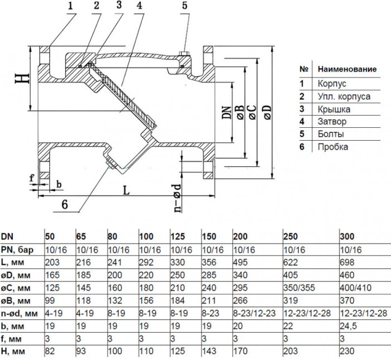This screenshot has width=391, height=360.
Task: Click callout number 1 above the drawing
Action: [x=70, y=5]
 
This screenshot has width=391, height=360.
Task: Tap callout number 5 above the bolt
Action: [x=184, y=5]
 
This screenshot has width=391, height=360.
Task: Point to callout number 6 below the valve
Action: [x=65, y=204]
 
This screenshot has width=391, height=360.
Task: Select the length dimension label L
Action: [x=126, y=190]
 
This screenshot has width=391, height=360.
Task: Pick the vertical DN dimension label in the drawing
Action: [x=227, y=113]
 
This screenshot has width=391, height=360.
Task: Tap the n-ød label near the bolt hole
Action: [x=177, y=198]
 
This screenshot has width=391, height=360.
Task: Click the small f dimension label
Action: [x=32, y=178]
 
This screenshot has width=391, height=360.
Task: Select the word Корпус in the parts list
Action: [x=332, y=84]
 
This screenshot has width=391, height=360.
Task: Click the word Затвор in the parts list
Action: [x=332, y=122]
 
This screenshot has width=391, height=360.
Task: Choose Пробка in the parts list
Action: [x=333, y=147]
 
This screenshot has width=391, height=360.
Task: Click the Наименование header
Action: [x=347, y=69]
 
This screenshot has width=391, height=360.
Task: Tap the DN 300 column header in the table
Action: [x=347, y=236]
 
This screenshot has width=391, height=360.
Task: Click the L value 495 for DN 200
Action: [x=240, y=262]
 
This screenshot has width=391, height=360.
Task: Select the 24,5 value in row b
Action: [x=349, y=326]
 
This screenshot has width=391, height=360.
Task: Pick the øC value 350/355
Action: [x=299, y=288]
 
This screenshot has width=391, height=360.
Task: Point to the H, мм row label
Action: [x=13, y=352]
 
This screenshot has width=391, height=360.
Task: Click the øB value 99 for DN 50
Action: [x=50, y=300]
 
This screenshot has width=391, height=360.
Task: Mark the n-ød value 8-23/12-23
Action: [x=254, y=313]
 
